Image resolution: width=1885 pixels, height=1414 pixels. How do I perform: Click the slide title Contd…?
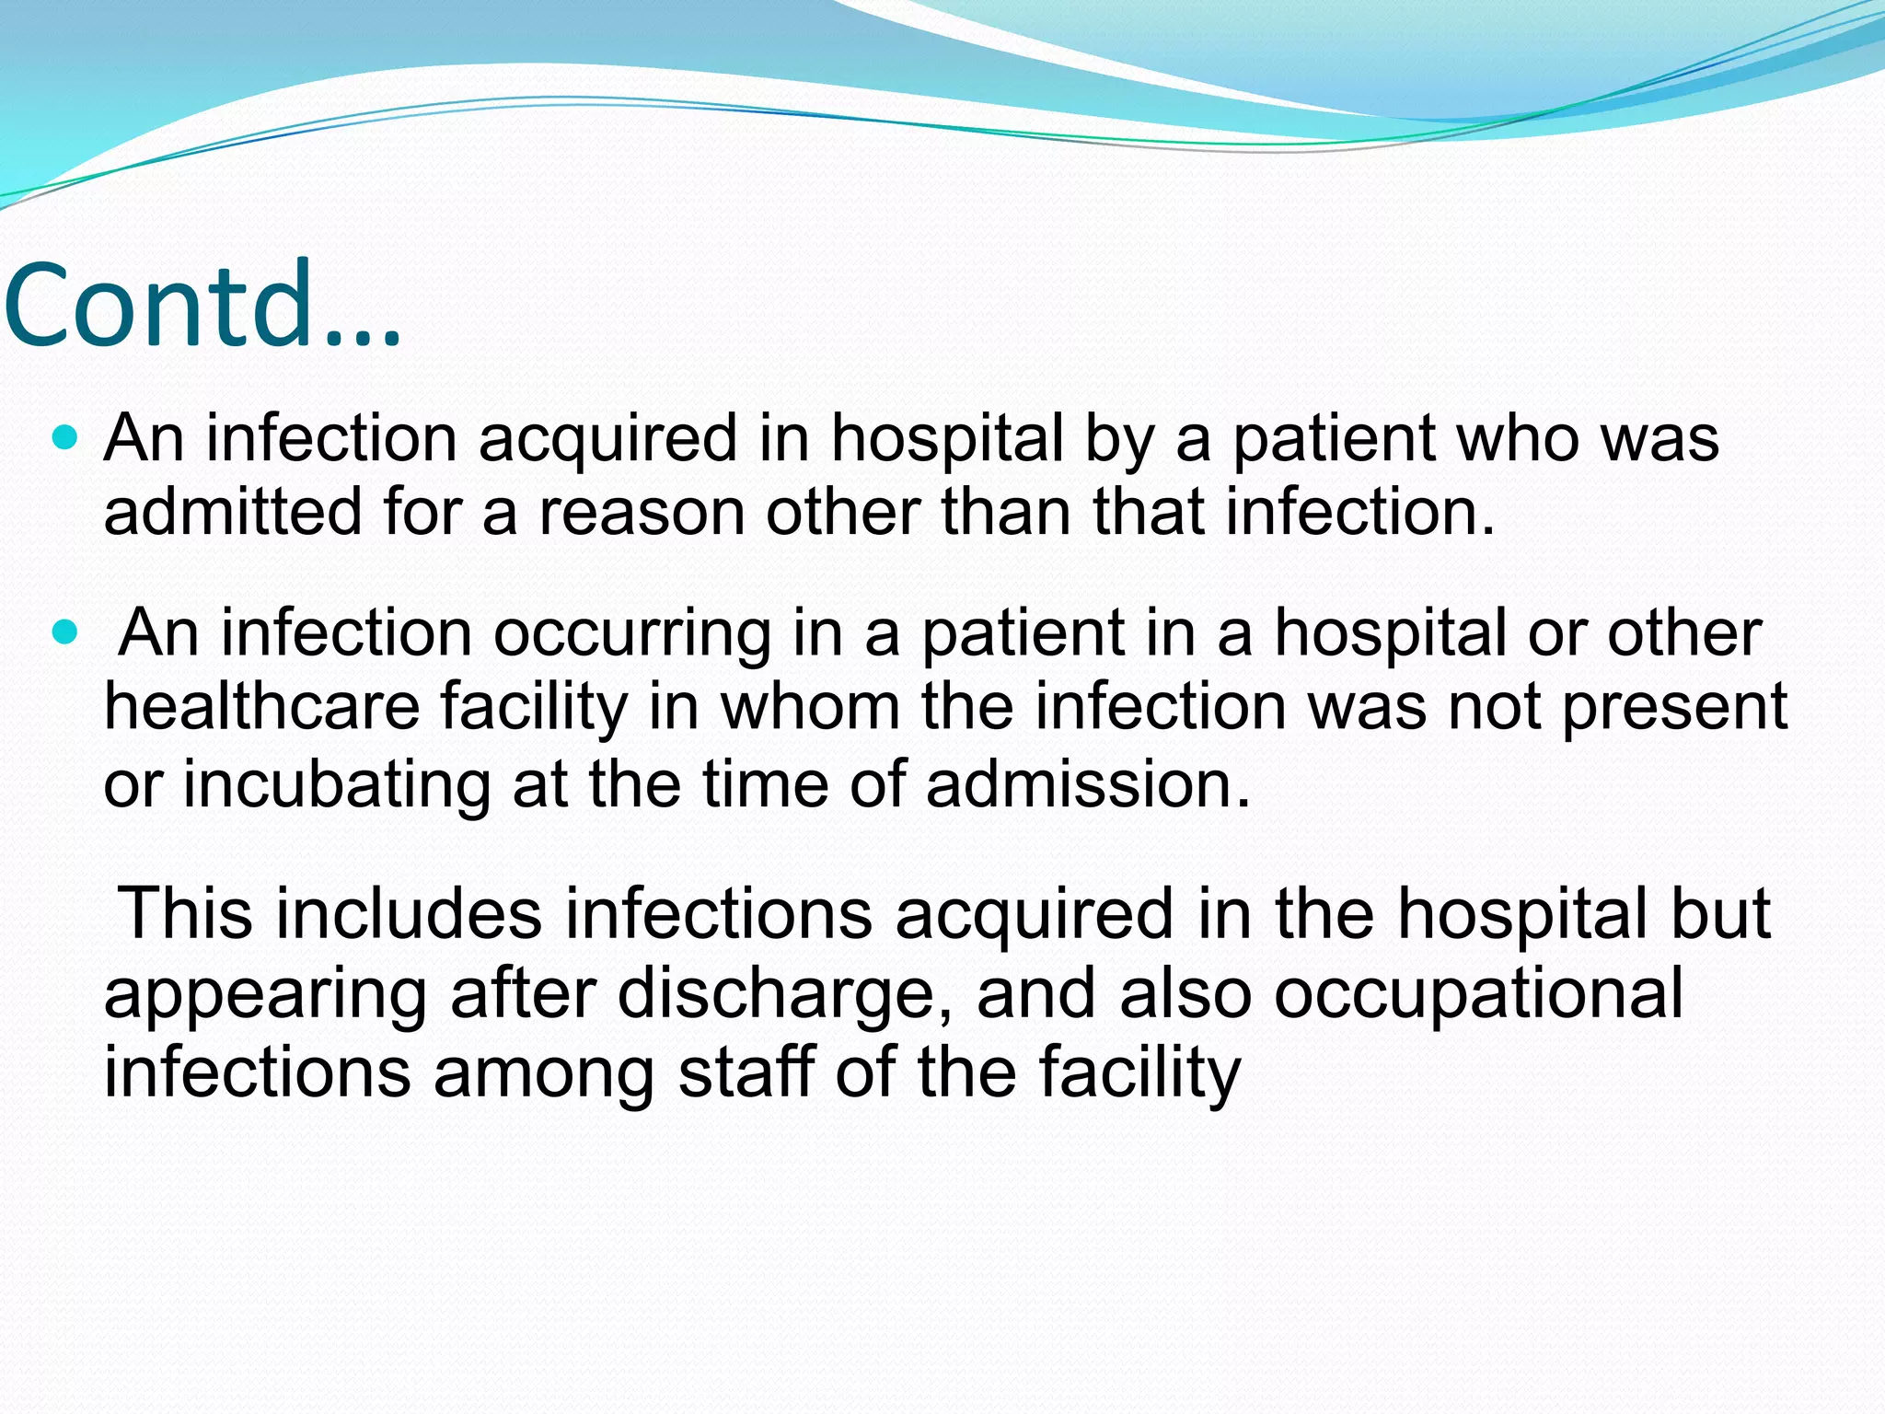click(x=202, y=306)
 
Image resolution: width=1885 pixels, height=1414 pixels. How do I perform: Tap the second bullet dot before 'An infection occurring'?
click(x=64, y=632)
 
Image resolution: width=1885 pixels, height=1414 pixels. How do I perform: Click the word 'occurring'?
click(x=632, y=635)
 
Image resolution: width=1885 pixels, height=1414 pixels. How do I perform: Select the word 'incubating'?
click(x=336, y=784)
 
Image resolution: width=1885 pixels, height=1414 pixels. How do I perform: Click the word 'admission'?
click(x=1088, y=784)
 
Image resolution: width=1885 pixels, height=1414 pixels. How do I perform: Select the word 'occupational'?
click(x=1479, y=994)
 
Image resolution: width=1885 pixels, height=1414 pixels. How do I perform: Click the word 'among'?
click(x=544, y=1074)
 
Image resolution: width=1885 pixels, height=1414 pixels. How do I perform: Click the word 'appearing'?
click(x=266, y=996)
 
